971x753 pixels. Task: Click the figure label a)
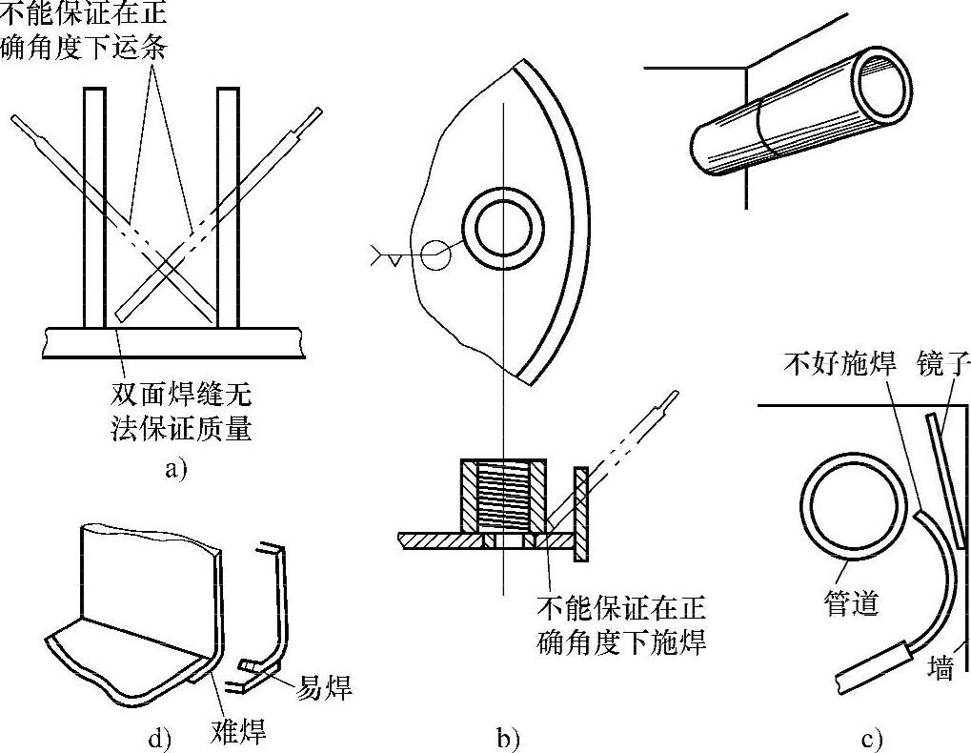(x=176, y=469)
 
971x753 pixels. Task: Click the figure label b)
(x=508, y=737)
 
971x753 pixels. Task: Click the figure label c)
(x=870, y=737)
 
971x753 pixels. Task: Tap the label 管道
(x=850, y=603)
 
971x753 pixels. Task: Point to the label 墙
(x=941, y=670)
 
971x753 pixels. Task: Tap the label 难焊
(x=237, y=732)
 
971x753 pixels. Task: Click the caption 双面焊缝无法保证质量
(x=181, y=412)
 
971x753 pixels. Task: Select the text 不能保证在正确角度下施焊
(x=622, y=624)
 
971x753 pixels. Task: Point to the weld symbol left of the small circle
(x=386, y=255)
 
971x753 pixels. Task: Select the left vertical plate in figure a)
(x=93, y=205)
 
